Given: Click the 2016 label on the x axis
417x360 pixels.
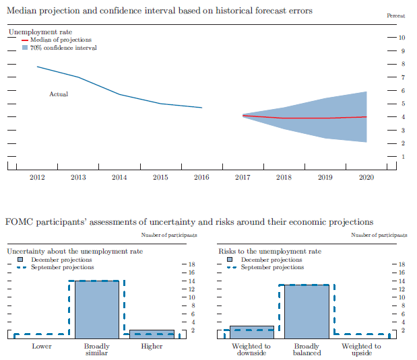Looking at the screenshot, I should pyautogui.click(x=201, y=177).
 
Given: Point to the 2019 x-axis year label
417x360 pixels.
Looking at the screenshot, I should pyautogui.click(x=325, y=177).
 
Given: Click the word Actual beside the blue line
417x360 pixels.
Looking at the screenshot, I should pyautogui.click(x=59, y=94).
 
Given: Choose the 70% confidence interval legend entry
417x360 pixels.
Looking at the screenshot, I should pyautogui.click(x=63, y=48).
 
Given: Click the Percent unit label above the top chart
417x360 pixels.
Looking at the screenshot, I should pyautogui.click(x=397, y=15).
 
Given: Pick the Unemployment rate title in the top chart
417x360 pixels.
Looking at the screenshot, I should pyautogui.click(x=40, y=32).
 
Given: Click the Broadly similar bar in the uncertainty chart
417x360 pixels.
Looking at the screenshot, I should pyautogui.click(x=96, y=310).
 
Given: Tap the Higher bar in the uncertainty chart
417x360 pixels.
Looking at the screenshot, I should pyautogui.click(x=152, y=334).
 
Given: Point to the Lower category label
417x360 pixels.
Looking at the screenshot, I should pyautogui.click(x=41, y=346).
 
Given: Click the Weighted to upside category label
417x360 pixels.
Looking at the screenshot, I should pyautogui.click(x=362, y=349).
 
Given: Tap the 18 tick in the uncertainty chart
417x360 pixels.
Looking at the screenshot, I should pyautogui.click(x=191, y=264).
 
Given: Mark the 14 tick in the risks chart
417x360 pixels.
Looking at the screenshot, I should pyautogui.click(x=403, y=281).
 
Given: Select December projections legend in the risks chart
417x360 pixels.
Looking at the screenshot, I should pyautogui.click(x=271, y=260).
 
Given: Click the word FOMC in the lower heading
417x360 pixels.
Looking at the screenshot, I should pyautogui.click(x=18, y=221).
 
